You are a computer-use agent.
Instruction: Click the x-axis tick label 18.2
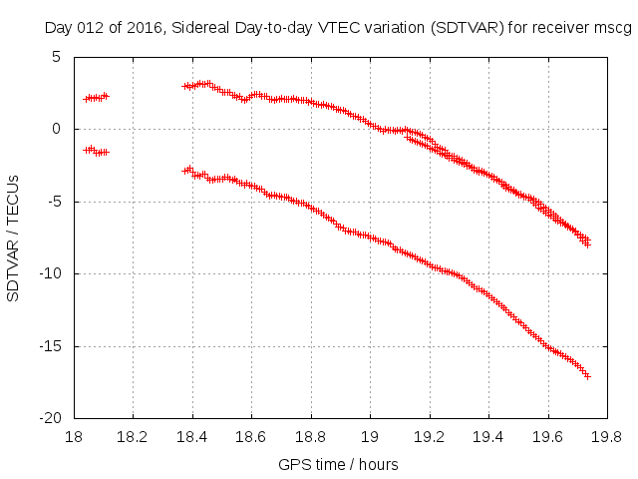click(133, 437)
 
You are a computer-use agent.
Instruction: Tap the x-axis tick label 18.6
click(251, 437)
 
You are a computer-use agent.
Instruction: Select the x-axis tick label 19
click(370, 437)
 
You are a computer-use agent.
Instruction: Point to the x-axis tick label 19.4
click(488, 437)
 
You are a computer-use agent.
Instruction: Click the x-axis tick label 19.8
click(607, 437)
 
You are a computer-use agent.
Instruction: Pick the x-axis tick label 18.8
click(311, 437)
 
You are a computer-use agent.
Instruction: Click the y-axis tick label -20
click(53, 419)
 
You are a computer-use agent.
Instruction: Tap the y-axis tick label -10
click(53, 273)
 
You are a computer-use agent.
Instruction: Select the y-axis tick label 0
click(59, 129)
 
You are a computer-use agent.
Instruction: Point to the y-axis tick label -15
click(53, 346)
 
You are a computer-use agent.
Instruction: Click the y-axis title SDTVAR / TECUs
click(14, 238)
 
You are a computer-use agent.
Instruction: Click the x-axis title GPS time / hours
click(339, 464)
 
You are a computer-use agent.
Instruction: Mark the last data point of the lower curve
click(587, 376)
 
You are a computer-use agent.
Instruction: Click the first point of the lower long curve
click(184, 171)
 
